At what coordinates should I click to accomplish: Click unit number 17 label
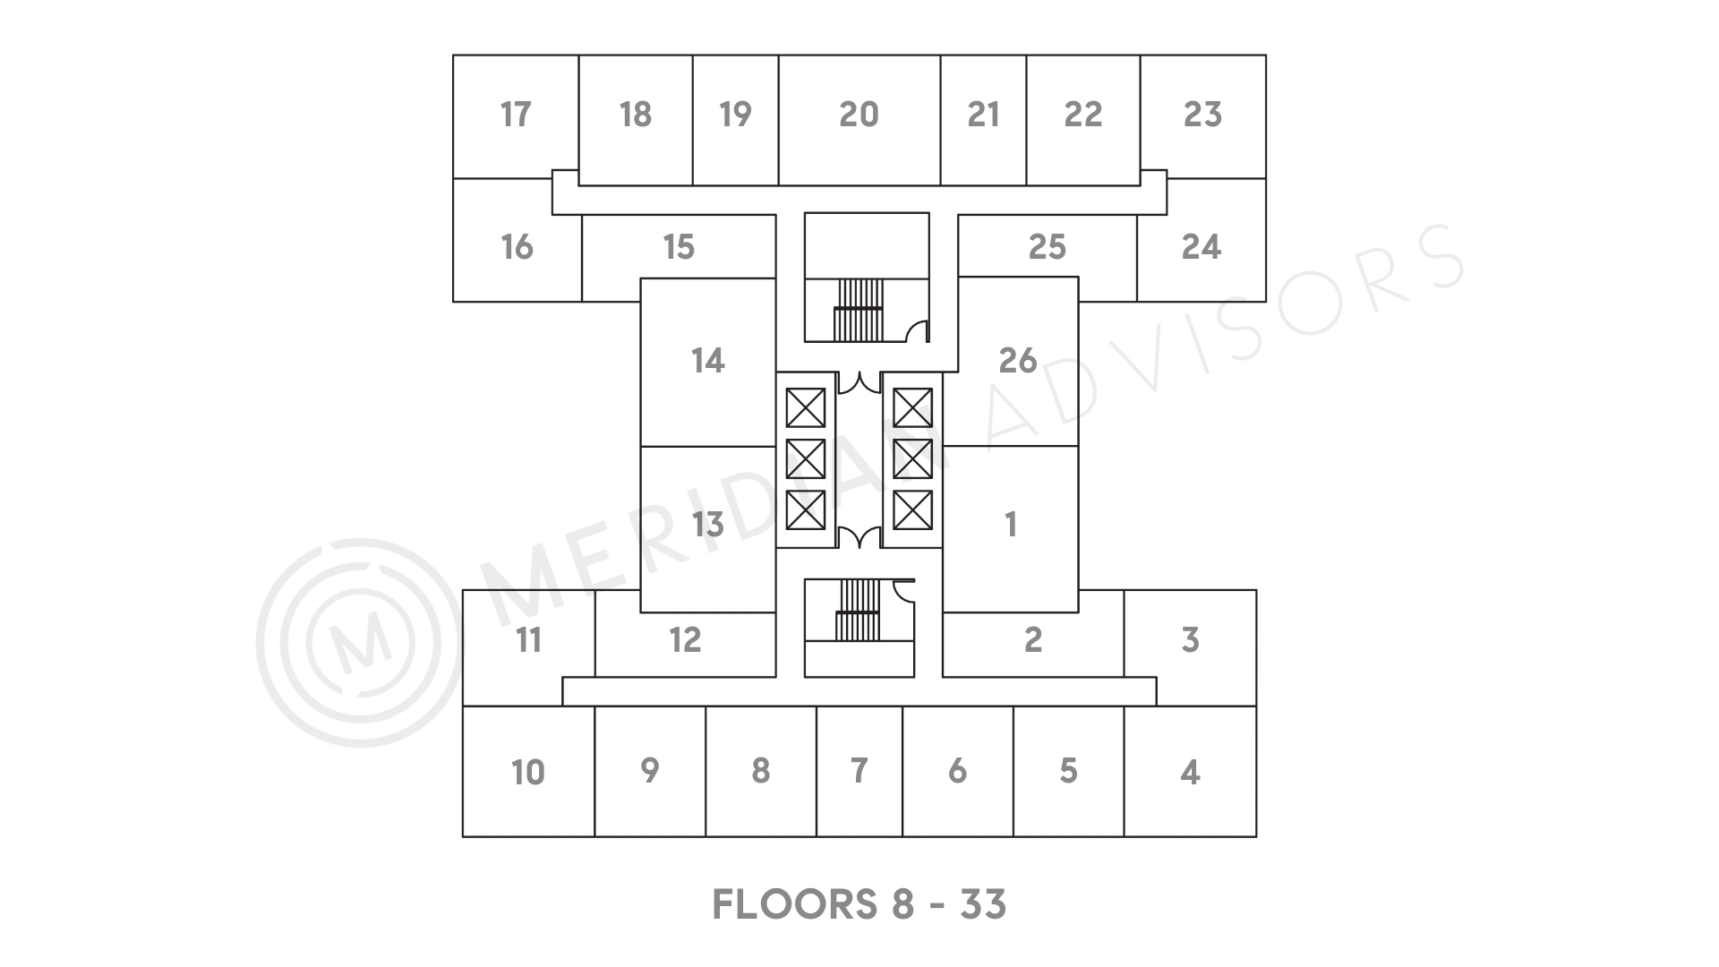click(x=516, y=115)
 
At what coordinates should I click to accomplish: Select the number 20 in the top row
click(x=859, y=115)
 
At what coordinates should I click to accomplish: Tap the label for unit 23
click(x=1202, y=115)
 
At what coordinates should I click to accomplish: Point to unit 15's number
click(x=679, y=246)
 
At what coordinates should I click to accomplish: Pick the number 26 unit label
click(x=1018, y=360)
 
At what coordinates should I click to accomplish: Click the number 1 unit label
click(x=1011, y=524)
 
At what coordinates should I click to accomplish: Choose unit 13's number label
click(x=707, y=524)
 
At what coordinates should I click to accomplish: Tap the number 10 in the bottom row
click(x=528, y=772)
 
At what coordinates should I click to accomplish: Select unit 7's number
click(x=859, y=770)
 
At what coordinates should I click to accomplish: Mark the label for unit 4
click(x=1190, y=772)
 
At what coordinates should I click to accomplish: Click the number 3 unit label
click(x=1190, y=639)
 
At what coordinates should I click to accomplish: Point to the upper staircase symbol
click(x=859, y=310)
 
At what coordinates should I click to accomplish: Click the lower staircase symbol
click(x=859, y=610)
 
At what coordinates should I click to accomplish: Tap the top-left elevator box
click(x=805, y=408)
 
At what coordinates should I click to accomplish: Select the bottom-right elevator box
click(x=913, y=511)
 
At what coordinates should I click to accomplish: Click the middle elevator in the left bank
click(x=805, y=459)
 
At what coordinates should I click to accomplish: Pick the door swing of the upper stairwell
click(x=917, y=331)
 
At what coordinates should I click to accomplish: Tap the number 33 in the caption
click(x=983, y=904)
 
